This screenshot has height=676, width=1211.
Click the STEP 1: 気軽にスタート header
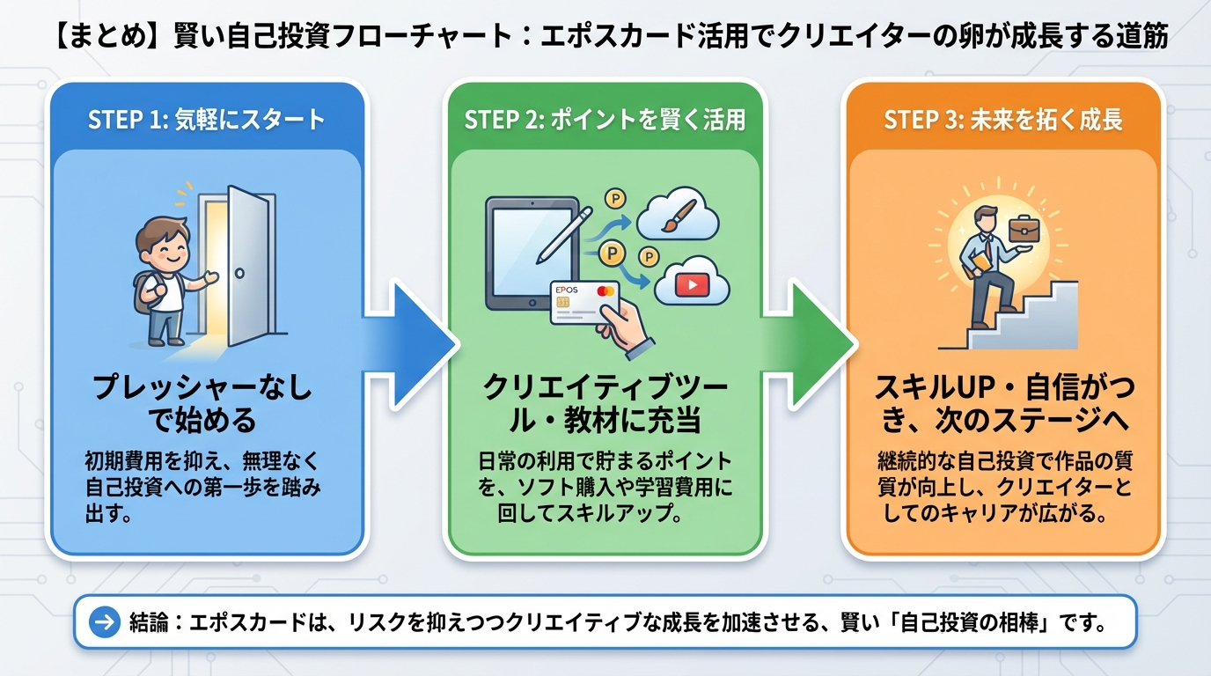point(206,120)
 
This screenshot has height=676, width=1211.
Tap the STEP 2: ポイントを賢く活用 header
point(605,120)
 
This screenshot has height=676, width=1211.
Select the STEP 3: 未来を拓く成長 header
point(1003,120)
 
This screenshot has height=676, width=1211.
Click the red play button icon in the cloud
point(693,283)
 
